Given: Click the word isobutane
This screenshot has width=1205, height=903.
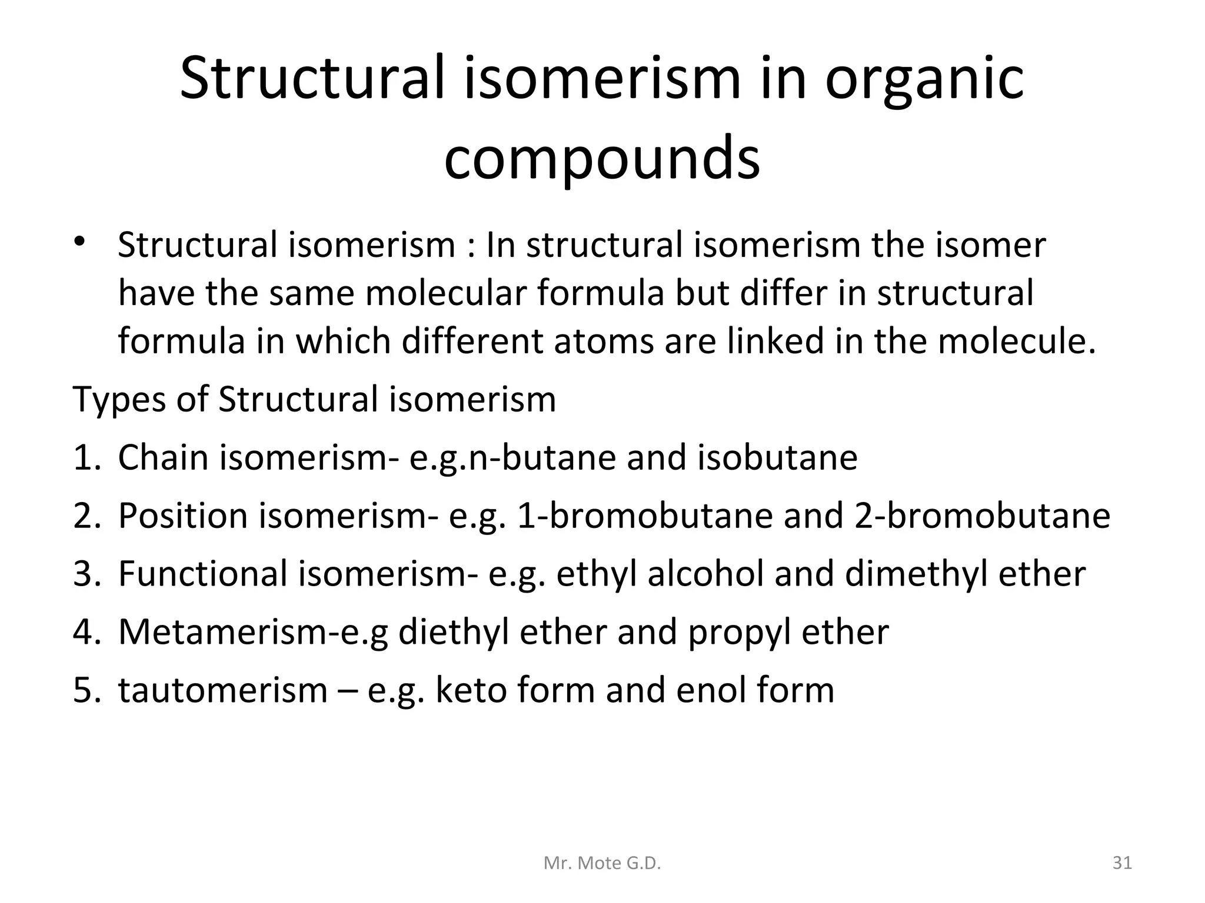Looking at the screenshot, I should point(777,457).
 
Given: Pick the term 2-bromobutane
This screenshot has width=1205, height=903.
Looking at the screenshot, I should point(982,516).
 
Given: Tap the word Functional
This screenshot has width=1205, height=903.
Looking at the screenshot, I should point(202,574).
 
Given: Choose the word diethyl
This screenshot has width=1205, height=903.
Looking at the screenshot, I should point(454,633).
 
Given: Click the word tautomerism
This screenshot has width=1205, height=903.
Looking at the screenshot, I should point(223,690).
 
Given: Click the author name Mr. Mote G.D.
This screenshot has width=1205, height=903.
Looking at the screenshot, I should point(602,863).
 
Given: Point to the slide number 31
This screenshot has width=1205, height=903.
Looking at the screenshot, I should point(1122,863).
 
